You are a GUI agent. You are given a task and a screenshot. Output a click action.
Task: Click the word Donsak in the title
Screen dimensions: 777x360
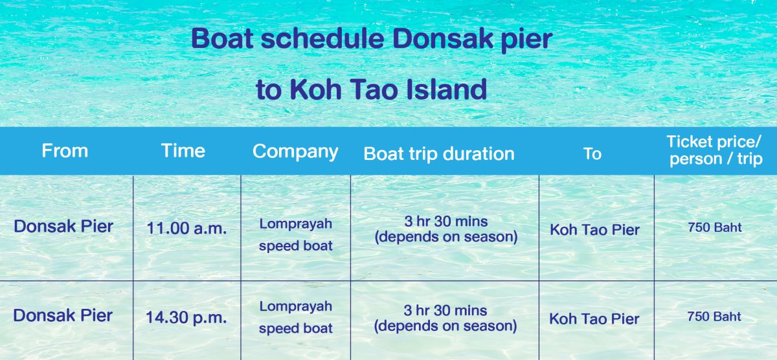pyautogui.click(x=443, y=38)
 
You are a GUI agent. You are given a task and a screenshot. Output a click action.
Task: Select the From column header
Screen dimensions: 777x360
pyautogui.click(x=65, y=151)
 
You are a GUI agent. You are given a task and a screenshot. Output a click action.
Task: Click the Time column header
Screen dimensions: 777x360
pyautogui.click(x=183, y=151)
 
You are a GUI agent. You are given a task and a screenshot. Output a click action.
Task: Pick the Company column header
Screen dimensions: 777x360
pyautogui.click(x=295, y=152)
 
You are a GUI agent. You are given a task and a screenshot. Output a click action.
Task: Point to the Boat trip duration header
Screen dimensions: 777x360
pyautogui.click(x=439, y=153)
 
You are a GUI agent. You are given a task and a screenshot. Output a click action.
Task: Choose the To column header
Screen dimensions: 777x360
pyautogui.click(x=592, y=153)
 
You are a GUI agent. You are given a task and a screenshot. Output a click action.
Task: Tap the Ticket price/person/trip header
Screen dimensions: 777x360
pyautogui.click(x=715, y=150)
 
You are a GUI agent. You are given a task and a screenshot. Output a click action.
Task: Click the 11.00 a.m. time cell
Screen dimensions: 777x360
pyautogui.click(x=186, y=228)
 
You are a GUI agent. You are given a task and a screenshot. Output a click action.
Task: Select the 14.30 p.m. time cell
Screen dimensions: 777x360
pyautogui.click(x=186, y=317)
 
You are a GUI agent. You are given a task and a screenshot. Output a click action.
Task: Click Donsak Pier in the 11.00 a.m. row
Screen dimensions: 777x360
pyautogui.click(x=63, y=227)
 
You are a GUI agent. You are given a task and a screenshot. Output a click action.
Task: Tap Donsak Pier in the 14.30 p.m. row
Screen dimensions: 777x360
pyautogui.click(x=63, y=315)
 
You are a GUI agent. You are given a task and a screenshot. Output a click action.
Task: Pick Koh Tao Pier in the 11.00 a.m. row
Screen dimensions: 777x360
pyautogui.click(x=594, y=230)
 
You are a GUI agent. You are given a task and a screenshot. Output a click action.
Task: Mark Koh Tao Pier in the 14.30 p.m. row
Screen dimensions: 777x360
pyautogui.click(x=594, y=319)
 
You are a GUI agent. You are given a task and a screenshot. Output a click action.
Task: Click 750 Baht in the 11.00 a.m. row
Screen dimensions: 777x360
pyautogui.click(x=715, y=227)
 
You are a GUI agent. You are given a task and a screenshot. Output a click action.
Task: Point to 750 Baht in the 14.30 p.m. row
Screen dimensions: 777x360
pyautogui.click(x=714, y=317)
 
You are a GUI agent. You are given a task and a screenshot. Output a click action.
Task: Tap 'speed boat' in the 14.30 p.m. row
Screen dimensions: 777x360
pyautogui.click(x=295, y=328)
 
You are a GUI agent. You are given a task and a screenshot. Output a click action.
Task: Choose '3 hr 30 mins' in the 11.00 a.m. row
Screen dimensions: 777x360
pyautogui.click(x=446, y=221)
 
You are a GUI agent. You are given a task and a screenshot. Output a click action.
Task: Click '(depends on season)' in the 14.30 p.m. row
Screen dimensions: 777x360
pyautogui.click(x=445, y=326)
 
